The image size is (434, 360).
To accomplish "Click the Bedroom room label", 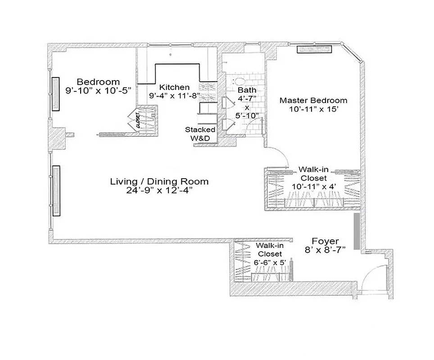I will [x=98, y=82].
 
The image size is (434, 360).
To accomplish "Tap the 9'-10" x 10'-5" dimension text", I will [x=98, y=90].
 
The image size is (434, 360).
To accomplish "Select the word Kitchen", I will [x=175, y=87].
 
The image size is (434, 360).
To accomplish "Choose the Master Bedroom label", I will [x=313, y=100].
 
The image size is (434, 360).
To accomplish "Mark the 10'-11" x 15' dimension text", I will [x=313, y=109].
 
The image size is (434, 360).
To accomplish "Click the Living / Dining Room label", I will [x=159, y=182].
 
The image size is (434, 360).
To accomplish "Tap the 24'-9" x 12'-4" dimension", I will [x=159, y=191].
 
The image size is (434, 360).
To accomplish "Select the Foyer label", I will [x=325, y=241].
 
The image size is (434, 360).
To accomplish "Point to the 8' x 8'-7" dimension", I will [x=325, y=250].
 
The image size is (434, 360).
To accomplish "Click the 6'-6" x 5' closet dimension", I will [x=269, y=262].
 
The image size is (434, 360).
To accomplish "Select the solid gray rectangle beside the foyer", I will [x=357, y=231].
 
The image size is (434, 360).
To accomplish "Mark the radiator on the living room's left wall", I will [x=56, y=191].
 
